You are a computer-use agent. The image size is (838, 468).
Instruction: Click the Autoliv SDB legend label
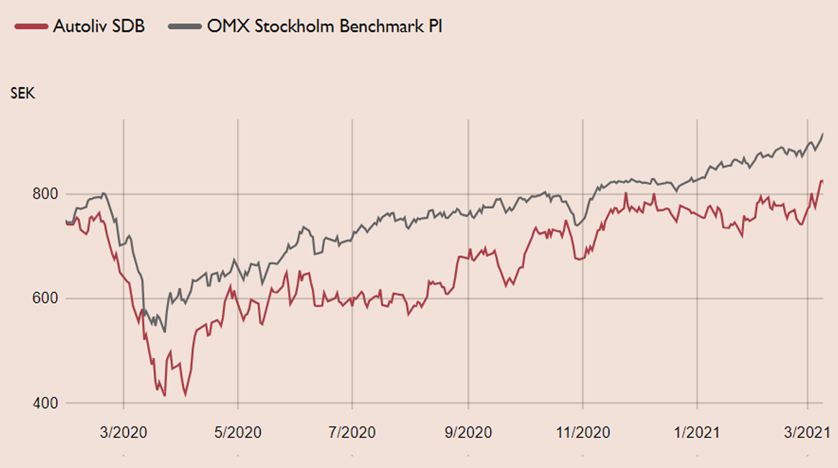pyautogui.click(x=98, y=27)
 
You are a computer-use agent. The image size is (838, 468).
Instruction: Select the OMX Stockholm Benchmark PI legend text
pyautogui.click(x=324, y=27)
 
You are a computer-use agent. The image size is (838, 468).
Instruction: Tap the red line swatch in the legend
pyautogui.click(x=31, y=27)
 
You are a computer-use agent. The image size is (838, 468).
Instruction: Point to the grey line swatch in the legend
pyautogui.click(x=185, y=27)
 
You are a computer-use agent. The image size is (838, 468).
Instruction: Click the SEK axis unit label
pyautogui.click(x=22, y=93)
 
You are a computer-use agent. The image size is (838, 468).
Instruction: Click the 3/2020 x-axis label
pyautogui.click(x=124, y=433)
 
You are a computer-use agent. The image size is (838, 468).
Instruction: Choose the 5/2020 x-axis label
pyautogui.click(x=238, y=433)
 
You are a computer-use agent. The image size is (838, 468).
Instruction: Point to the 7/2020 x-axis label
pyautogui.click(x=352, y=433)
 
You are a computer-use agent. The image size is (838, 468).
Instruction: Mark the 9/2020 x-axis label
pyautogui.click(x=468, y=433)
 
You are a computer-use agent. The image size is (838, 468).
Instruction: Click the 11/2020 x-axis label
pyautogui.click(x=584, y=433)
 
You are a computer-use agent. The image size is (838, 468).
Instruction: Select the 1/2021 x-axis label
pyautogui.click(x=698, y=433)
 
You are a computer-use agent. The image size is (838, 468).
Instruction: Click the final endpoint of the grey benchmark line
pyautogui.click(x=823, y=134)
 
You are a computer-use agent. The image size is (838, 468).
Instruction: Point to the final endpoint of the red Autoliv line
pyautogui.click(x=823, y=180)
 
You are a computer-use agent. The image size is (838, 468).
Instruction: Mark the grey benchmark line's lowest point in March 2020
pyautogui.click(x=165, y=332)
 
